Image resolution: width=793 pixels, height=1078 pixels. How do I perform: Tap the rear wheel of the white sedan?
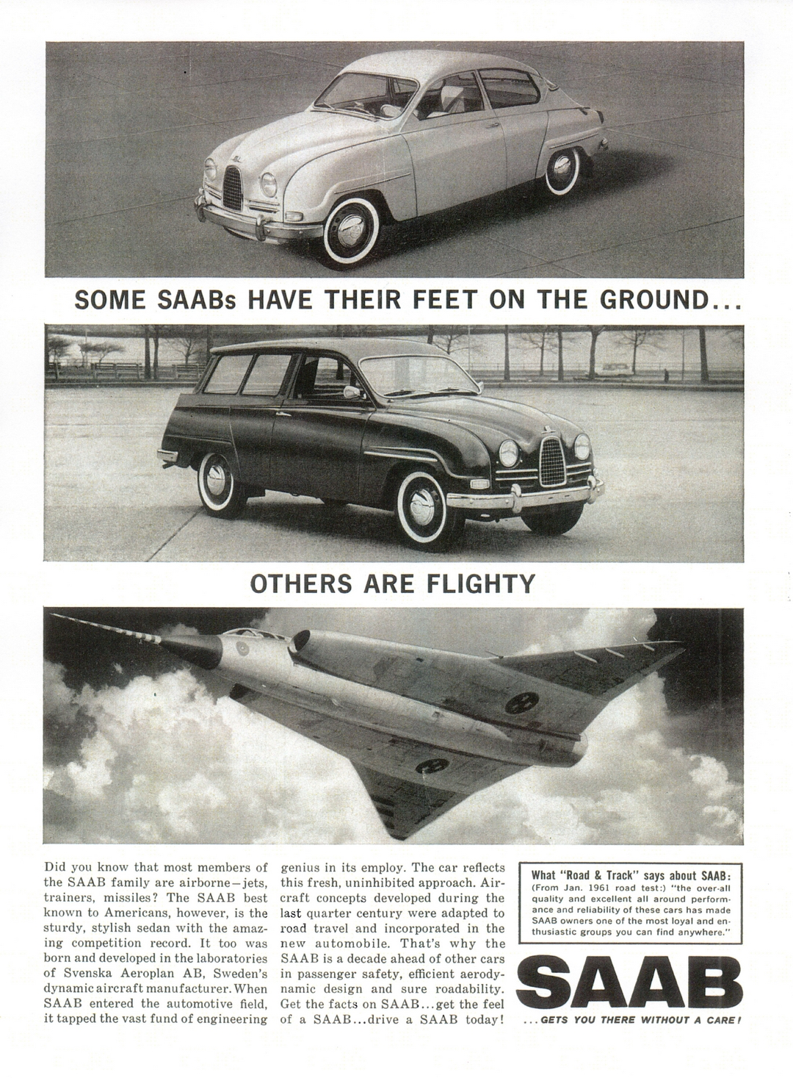tap(566, 173)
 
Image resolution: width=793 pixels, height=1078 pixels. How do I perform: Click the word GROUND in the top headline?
tap(651, 301)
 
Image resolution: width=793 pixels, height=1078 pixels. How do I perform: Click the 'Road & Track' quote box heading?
tap(629, 874)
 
